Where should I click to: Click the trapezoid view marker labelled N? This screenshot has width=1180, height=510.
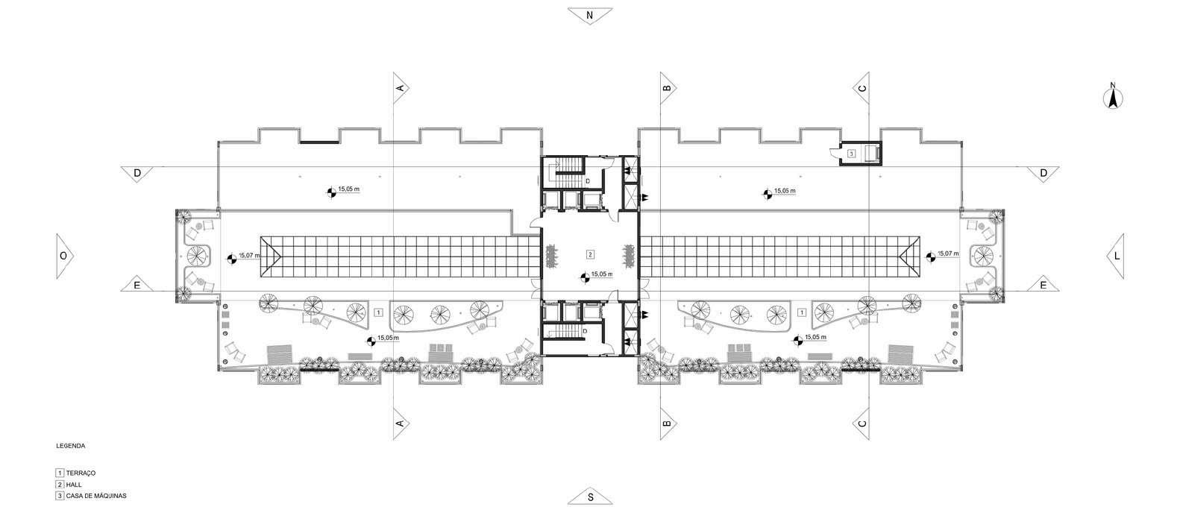589,15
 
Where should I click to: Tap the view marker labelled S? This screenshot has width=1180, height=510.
589,497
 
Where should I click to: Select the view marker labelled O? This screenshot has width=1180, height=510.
63,255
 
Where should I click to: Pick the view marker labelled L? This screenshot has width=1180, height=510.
1116,255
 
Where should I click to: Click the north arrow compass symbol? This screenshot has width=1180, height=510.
1113,97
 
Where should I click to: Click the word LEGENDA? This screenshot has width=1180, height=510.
71,446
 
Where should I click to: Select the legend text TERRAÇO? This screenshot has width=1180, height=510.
81,473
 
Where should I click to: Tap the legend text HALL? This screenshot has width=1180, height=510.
73,485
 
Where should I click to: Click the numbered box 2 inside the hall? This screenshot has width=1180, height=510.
590,254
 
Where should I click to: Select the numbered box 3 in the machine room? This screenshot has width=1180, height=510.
850,153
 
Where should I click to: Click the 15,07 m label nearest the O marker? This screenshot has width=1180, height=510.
250,256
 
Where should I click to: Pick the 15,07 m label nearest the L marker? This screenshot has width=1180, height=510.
948,254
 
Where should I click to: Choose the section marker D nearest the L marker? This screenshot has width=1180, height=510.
1044,173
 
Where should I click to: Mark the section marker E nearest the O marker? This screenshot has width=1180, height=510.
136,285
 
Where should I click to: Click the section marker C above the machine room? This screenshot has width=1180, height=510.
862,87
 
